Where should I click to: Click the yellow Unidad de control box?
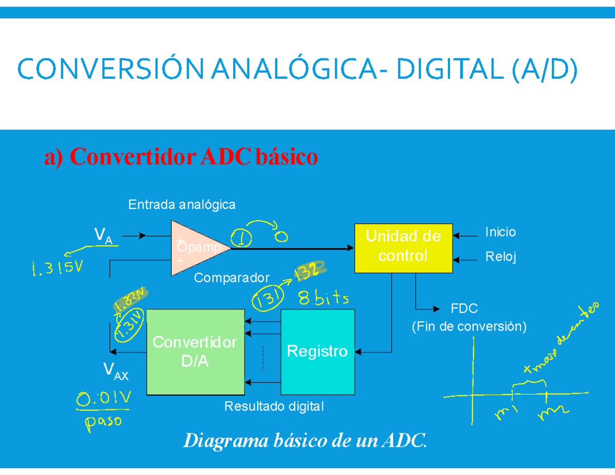(x=403, y=248)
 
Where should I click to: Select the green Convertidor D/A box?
(x=195, y=352)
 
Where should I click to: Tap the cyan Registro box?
(x=317, y=352)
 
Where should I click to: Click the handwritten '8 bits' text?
(x=324, y=298)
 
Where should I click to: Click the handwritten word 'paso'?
(x=103, y=423)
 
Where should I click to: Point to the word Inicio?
(x=500, y=233)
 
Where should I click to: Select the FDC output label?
(x=464, y=309)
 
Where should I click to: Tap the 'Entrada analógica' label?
(x=181, y=205)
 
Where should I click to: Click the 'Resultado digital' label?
(x=274, y=407)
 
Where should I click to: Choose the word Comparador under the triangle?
(x=232, y=278)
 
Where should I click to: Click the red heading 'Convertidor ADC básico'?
(x=181, y=157)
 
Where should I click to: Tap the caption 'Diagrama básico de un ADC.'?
(x=304, y=440)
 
